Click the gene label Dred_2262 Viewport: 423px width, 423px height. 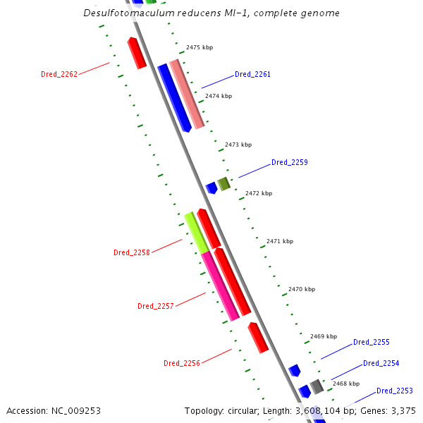pyautogui.click(x=59, y=74)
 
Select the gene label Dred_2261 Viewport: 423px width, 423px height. pyautogui.click(x=252, y=74)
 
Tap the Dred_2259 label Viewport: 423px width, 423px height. pyautogui.click(x=289, y=162)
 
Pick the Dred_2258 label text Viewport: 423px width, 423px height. pyautogui.click(x=132, y=252)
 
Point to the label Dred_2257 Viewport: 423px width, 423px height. pyautogui.click(x=156, y=306)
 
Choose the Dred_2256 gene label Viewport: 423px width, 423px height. pyautogui.click(x=182, y=363)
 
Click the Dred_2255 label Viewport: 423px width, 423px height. pyautogui.click(x=371, y=342)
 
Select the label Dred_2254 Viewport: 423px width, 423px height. pyautogui.click(x=381, y=363)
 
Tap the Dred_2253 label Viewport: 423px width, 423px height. pyautogui.click(x=394, y=391)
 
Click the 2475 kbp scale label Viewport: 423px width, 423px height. pyautogui.click(x=199, y=48)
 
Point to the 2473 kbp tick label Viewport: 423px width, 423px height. pyautogui.click(x=238, y=145)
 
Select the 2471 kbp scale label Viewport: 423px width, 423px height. pyautogui.click(x=279, y=241)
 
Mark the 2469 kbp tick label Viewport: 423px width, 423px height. pyautogui.click(x=323, y=336)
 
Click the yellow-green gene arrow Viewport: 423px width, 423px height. pyautogui.click(x=197, y=232)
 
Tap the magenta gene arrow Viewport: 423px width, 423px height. pyautogui.click(x=220, y=286)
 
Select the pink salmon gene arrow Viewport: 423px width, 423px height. pyautogui.click(x=187, y=94)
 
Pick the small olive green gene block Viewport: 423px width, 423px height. pyautogui.click(x=224, y=184)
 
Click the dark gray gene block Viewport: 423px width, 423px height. pyautogui.click(x=317, y=386)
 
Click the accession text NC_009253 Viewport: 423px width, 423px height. pyautogui.click(x=74, y=410)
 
